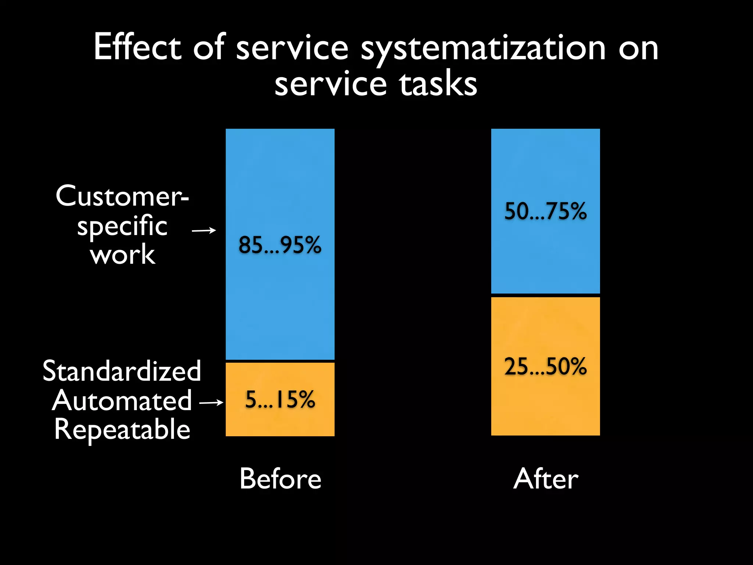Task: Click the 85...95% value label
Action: (x=280, y=245)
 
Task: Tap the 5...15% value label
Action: (x=280, y=399)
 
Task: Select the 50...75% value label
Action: (x=545, y=211)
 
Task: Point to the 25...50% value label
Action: (x=545, y=366)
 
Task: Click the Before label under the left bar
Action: (x=280, y=479)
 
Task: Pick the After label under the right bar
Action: (x=546, y=479)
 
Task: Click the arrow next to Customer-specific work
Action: (x=204, y=231)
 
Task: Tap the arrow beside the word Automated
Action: (x=211, y=403)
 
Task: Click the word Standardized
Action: (x=122, y=371)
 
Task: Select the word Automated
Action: (x=122, y=401)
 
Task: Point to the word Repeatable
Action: (x=122, y=430)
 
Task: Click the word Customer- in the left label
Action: (x=122, y=196)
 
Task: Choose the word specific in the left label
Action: (x=122, y=226)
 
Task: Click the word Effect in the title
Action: (x=137, y=47)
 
